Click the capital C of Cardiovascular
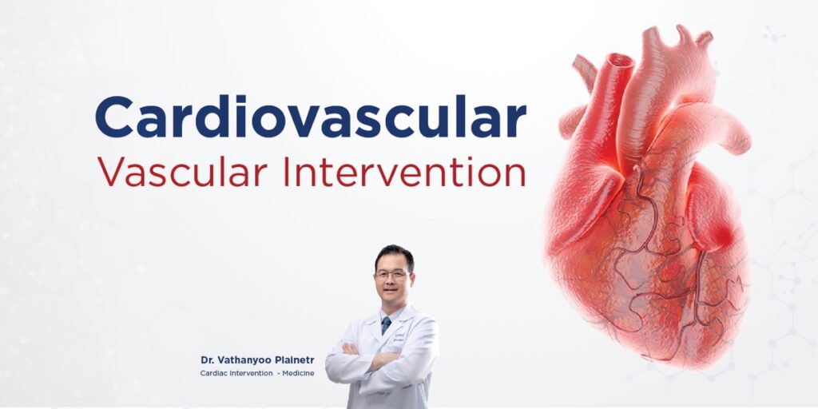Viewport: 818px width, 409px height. coord(115,117)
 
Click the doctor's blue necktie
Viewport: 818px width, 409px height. coord(386,324)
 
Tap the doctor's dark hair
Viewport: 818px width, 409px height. coord(394,255)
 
